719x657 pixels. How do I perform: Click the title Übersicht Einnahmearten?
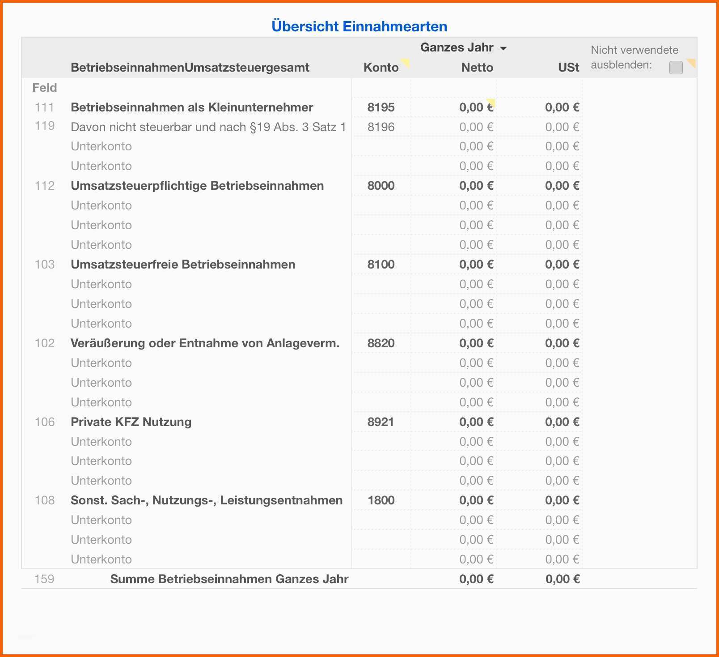(359, 26)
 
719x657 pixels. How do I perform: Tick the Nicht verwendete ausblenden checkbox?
(676, 68)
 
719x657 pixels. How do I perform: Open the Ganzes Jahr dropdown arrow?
(503, 48)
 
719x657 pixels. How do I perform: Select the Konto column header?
(381, 68)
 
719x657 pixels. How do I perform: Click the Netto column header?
(477, 68)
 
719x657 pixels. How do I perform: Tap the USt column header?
(568, 68)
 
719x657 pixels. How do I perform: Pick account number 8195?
(381, 107)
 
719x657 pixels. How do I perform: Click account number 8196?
(381, 127)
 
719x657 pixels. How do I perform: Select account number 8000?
(381, 186)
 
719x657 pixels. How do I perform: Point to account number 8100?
(381, 265)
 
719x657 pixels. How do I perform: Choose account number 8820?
(381, 343)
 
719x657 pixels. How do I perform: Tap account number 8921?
(381, 422)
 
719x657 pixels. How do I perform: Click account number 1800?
(381, 500)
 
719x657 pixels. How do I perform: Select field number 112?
(45, 186)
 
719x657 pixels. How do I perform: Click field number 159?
(44, 579)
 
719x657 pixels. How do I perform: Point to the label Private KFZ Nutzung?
(131, 422)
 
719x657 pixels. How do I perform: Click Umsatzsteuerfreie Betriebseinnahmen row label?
(183, 265)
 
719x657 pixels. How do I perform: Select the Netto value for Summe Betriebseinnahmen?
(476, 579)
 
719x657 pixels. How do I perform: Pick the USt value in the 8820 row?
(562, 343)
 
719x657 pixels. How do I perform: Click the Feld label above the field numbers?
(45, 88)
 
